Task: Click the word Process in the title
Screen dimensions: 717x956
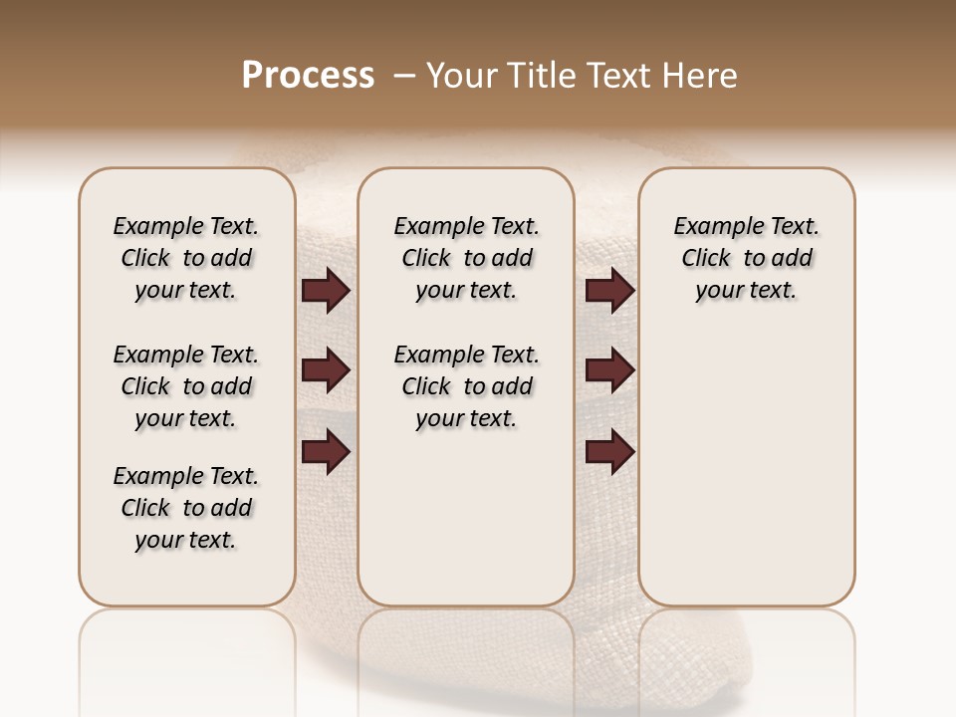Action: click(x=308, y=76)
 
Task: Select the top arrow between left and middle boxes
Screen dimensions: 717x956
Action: click(x=326, y=290)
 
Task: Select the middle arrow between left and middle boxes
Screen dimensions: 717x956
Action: click(x=326, y=370)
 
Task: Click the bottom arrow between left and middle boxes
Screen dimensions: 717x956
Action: click(x=326, y=451)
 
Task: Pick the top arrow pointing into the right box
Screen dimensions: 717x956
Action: click(x=609, y=290)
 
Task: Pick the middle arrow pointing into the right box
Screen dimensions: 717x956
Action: click(x=609, y=370)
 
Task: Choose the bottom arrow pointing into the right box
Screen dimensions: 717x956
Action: click(x=609, y=451)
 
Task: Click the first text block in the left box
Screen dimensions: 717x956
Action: click(x=186, y=258)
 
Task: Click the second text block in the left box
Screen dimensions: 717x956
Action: click(x=186, y=386)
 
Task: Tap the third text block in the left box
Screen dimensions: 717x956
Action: click(x=186, y=508)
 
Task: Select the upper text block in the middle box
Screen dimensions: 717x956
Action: click(x=466, y=258)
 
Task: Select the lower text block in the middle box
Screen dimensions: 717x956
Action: click(x=466, y=386)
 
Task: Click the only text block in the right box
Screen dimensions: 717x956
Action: click(x=746, y=258)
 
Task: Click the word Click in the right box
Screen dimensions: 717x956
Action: click(x=706, y=259)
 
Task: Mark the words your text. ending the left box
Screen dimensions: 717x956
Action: click(x=186, y=540)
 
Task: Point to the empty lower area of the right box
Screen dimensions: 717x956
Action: click(x=746, y=468)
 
